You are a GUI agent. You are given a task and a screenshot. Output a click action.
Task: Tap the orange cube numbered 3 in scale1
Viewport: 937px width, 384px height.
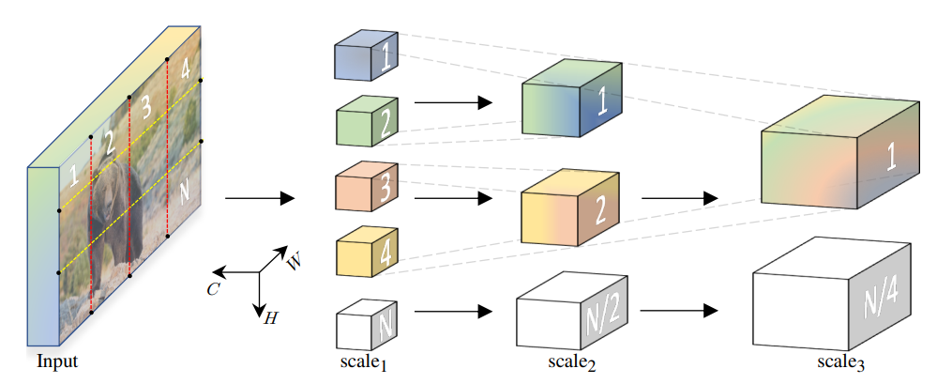365,189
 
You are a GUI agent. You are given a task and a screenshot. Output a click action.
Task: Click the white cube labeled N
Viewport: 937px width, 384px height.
365,324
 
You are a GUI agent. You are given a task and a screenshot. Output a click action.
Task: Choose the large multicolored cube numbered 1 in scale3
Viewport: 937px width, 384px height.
836,154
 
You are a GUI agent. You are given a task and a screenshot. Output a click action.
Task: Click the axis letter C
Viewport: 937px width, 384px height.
214,288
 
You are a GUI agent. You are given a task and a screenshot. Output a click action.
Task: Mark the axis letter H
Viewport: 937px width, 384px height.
270,317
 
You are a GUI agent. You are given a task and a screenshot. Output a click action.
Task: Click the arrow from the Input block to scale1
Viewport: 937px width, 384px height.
259,198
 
